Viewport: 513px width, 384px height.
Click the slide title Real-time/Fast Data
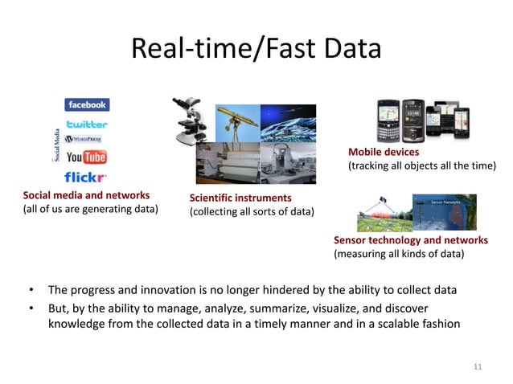coord(256,50)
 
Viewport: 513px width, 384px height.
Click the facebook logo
coord(87,105)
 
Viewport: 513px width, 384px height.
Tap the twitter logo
coord(87,124)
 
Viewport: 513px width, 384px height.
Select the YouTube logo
coord(86,157)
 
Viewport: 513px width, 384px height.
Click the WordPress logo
coord(87,140)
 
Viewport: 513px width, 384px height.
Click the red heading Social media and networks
coord(86,195)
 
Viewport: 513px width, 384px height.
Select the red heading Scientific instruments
coord(240,198)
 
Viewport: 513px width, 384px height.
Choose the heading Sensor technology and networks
coord(410,240)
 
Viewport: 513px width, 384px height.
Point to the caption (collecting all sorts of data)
coord(251,212)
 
